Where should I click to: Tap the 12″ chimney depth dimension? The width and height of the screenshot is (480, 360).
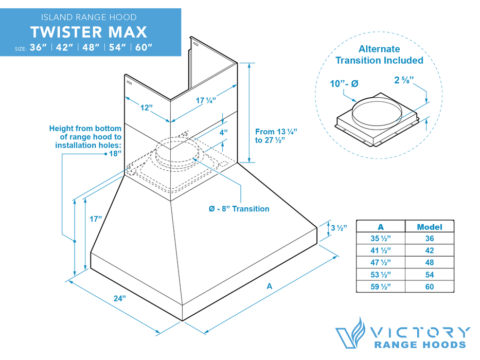click(147, 107)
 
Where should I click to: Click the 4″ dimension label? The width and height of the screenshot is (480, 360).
click(224, 132)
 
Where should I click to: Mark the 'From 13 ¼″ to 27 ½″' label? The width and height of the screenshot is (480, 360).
click(276, 136)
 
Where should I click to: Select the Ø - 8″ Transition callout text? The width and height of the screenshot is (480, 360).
click(239, 209)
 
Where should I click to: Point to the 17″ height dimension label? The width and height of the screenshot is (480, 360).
click(95, 219)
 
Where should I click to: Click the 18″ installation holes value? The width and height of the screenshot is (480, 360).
click(115, 153)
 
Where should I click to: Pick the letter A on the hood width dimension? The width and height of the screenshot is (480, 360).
click(269, 287)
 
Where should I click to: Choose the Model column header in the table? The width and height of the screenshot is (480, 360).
click(429, 227)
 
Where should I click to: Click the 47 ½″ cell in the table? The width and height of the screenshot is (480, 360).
click(380, 262)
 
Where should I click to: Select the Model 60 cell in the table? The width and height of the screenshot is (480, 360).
click(429, 286)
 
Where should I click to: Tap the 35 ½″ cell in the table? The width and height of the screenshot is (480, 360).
click(380, 239)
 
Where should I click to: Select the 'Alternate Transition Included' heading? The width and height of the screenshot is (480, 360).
click(379, 55)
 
